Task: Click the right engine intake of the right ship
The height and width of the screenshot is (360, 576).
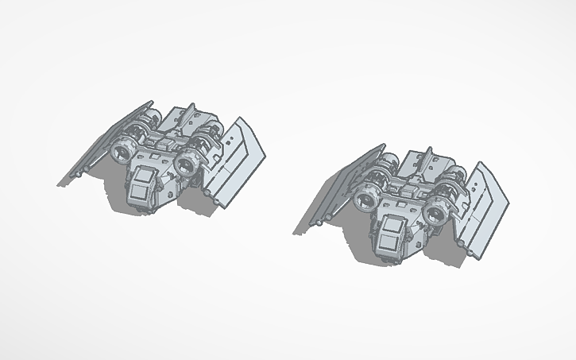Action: (435, 212)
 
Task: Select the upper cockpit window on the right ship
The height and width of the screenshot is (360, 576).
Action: (392, 226)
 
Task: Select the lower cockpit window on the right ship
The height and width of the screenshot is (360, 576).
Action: (391, 242)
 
